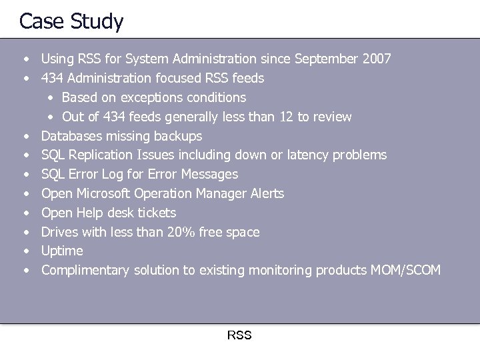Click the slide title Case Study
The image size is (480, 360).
tap(71, 21)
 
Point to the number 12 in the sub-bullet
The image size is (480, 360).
tap(287, 117)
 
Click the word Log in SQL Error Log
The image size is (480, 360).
tap(116, 175)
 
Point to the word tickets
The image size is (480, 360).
tap(154, 213)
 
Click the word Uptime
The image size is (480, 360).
tap(62, 251)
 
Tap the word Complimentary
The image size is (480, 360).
tap(85, 271)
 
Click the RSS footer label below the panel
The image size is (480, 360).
tap(239, 335)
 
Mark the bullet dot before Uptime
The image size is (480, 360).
tap(25, 251)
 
